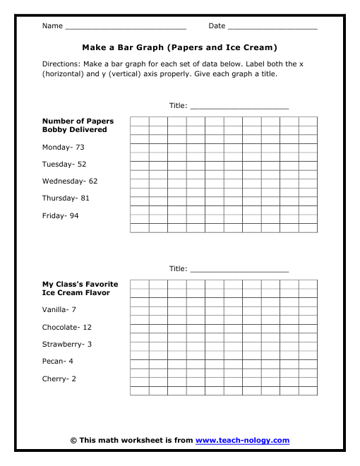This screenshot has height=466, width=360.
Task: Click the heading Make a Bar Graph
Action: (x=179, y=48)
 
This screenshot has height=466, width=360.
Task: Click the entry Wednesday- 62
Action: (x=70, y=181)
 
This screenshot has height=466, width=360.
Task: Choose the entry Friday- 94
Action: (x=61, y=215)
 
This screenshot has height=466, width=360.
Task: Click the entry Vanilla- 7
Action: (x=59, y=310)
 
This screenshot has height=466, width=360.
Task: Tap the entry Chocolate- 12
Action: (x=67, y=328)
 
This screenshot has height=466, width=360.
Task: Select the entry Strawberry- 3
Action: (x=67, y=345)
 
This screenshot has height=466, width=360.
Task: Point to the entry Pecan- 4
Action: (x=58, y=362)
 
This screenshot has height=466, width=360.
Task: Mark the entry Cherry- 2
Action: (x=59, y=379)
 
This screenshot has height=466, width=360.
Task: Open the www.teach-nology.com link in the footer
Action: (x=242, y=441)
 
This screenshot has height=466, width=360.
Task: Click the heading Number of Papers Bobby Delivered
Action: (x=78, y=125)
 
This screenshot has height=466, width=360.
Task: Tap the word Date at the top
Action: (x=217, y=26)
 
